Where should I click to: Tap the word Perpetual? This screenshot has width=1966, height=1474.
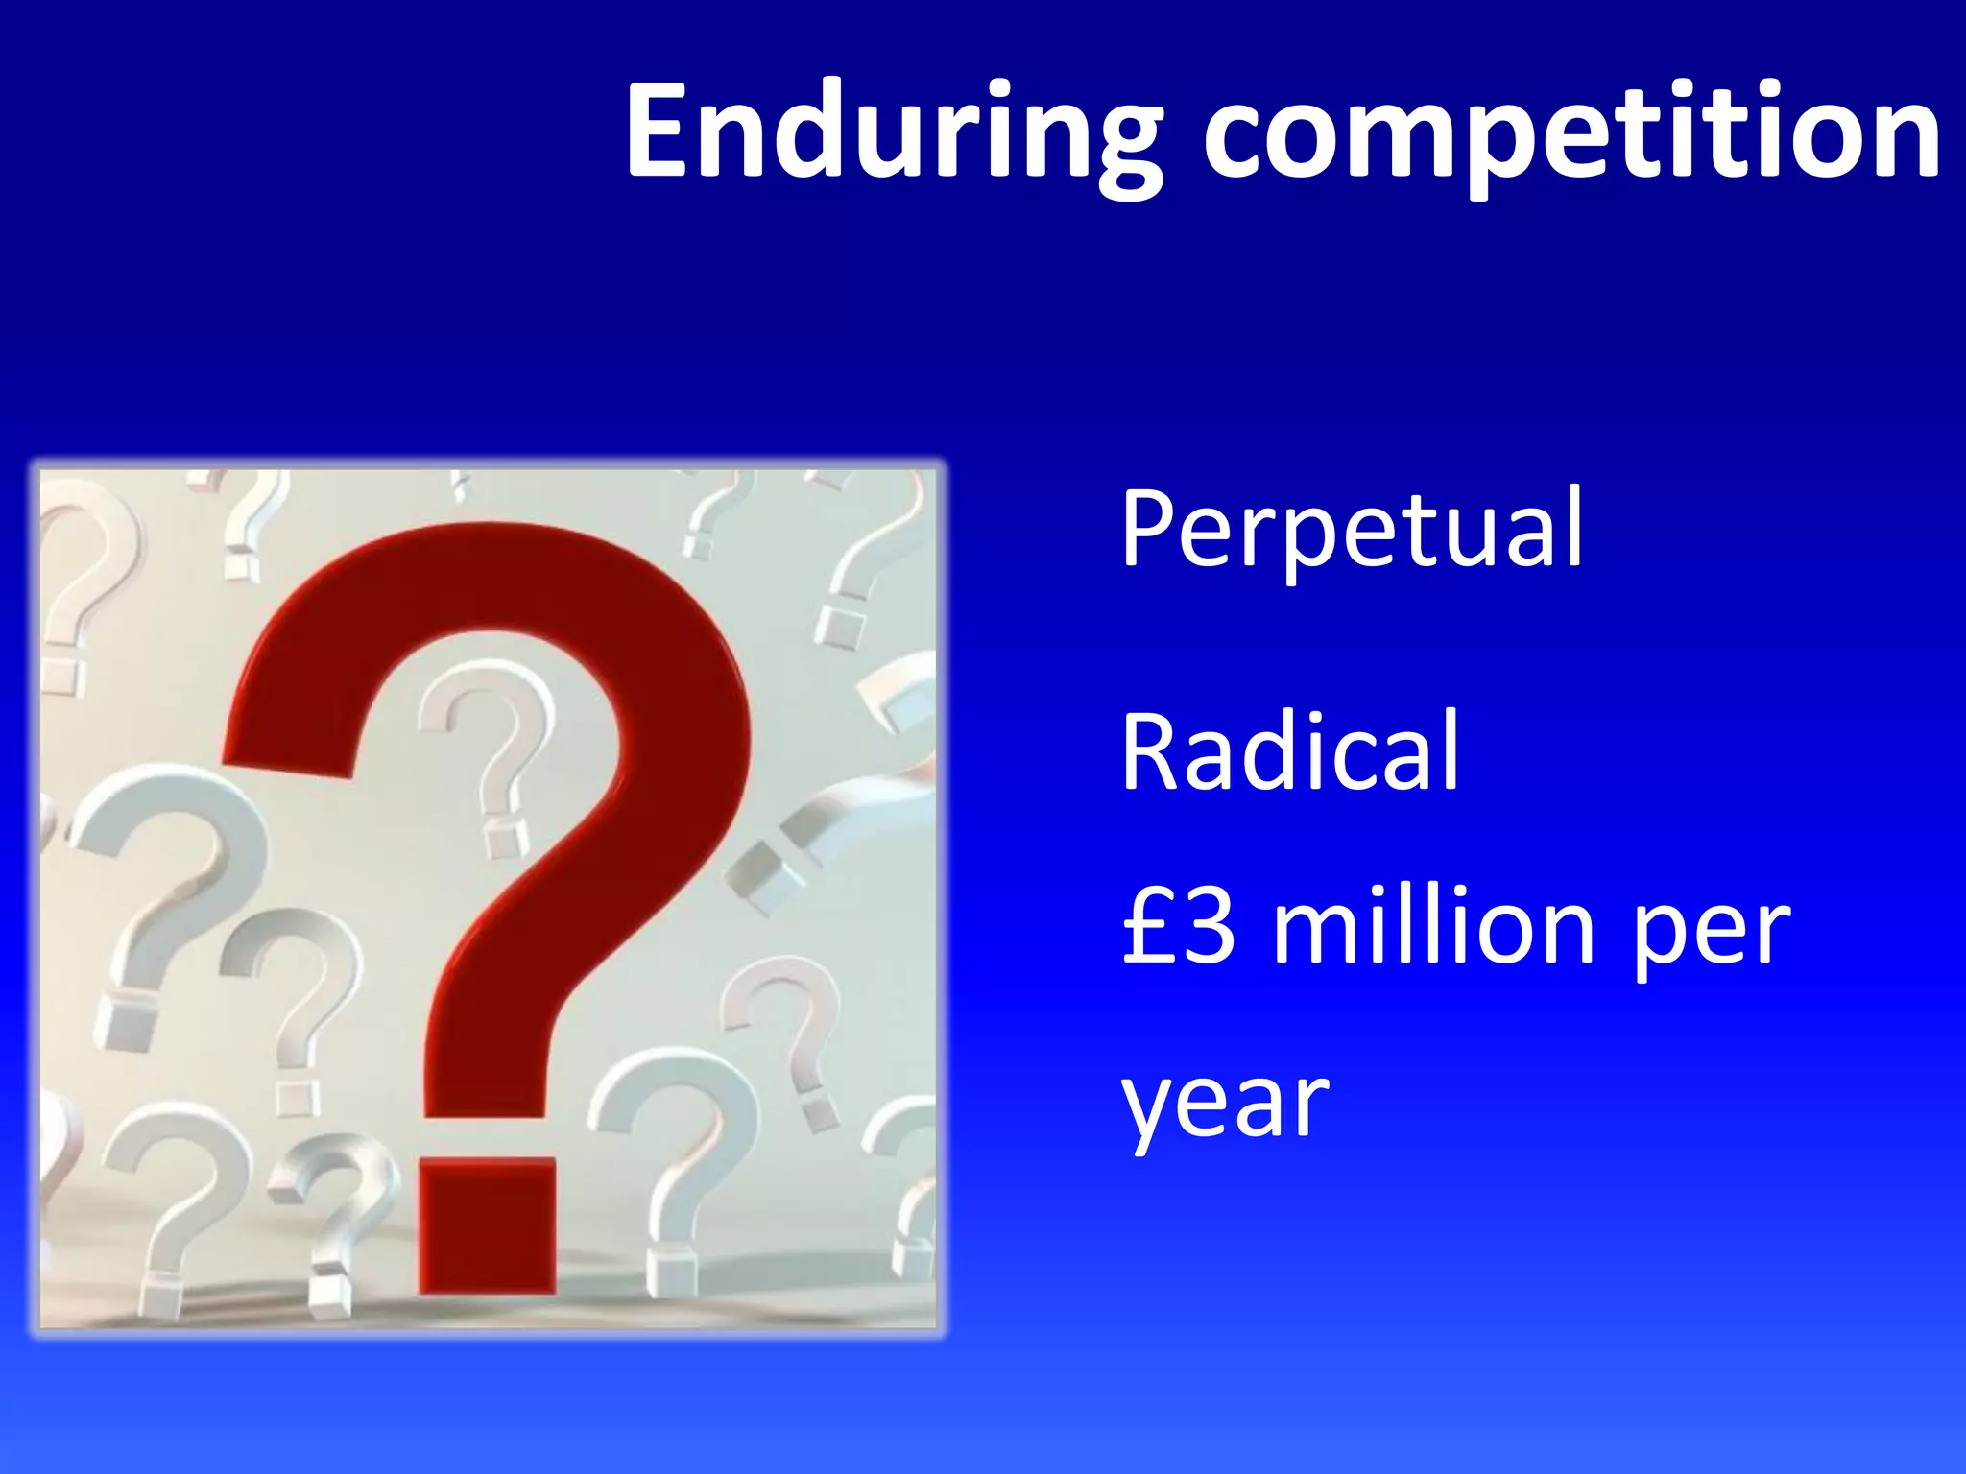1352,530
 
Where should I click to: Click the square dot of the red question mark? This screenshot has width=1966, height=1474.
488,1225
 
